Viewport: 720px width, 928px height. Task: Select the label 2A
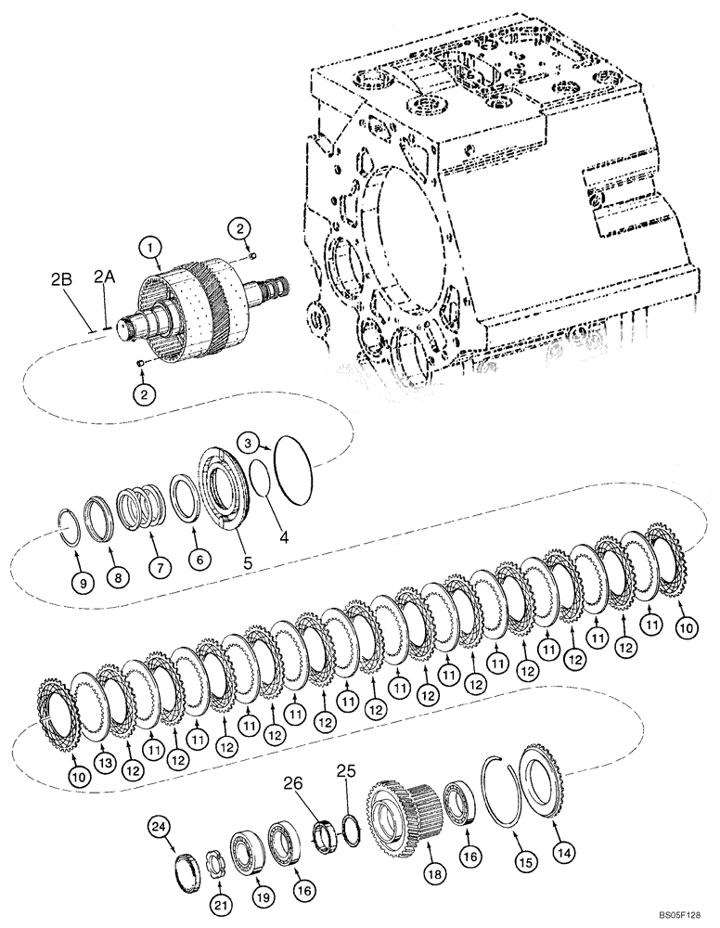pos(104,277)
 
